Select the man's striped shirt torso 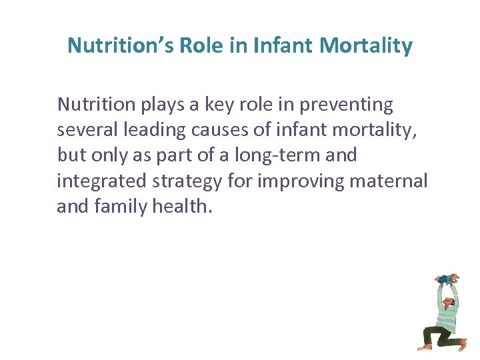[x=446, y=313]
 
